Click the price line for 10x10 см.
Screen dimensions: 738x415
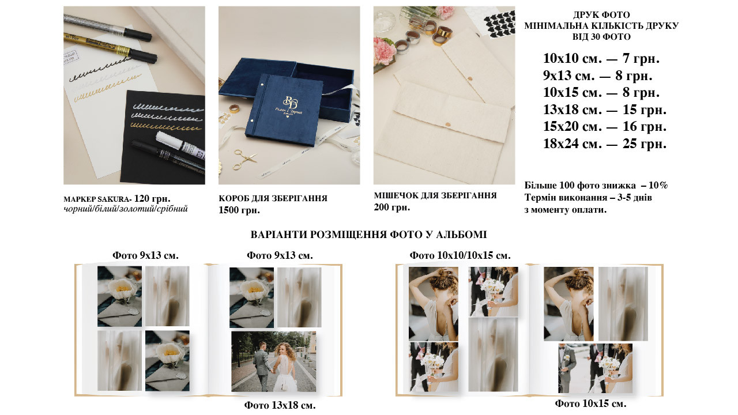(601, 59)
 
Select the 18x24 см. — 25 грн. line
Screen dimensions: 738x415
(605, 144)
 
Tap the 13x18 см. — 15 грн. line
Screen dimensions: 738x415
(605, 110)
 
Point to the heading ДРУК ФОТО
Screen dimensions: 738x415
(601, 15)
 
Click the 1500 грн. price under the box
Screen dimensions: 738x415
(239, 210)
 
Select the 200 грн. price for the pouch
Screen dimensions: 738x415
(391, 207)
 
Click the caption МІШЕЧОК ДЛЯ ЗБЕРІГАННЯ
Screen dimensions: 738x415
(435, 195)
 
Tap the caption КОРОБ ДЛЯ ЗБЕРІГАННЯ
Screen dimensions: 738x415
(273, 198)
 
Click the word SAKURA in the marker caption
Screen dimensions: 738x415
(113, 199)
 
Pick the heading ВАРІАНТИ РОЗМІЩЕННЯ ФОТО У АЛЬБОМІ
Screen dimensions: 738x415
(368, 235)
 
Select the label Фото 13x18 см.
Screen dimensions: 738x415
(280, 405)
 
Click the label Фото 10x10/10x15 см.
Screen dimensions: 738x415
(460, 255)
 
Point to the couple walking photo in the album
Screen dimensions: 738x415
(274, 361)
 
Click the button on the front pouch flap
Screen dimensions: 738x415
(448, 124)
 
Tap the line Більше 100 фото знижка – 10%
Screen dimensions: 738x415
(596, 186)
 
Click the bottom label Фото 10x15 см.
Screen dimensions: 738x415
(590, 403)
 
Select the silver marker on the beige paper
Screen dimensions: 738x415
(107, 26)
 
